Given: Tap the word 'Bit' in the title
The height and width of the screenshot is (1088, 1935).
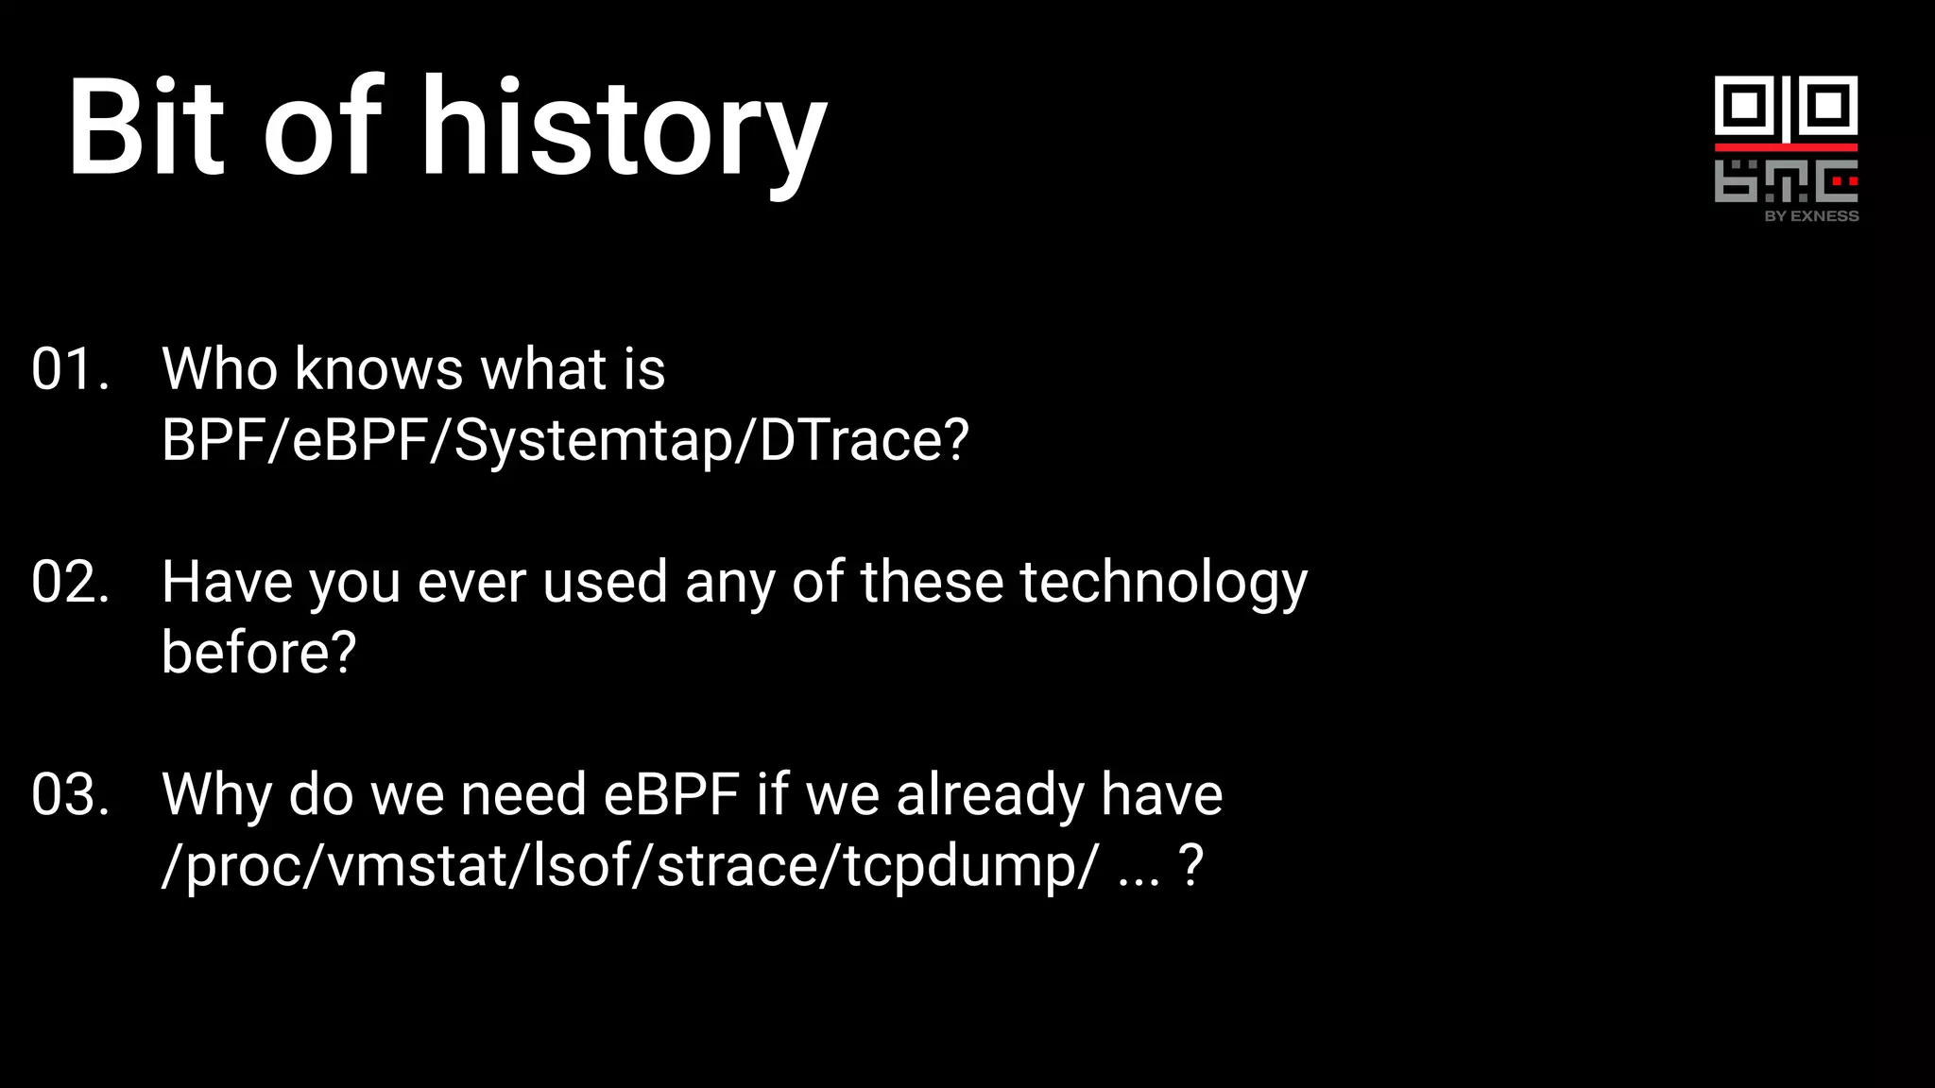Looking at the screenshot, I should [x=146, y=127].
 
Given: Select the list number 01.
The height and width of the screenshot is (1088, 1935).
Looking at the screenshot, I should [x=70, y=369].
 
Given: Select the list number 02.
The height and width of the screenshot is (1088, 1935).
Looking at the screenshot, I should [x=70, y=582].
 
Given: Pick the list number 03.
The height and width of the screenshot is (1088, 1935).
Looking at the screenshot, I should [x=70, y=794].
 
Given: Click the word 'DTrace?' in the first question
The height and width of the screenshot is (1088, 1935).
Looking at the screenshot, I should [x=864, y=440].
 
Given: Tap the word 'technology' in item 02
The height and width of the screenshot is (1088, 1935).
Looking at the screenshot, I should [x=1163, y=584].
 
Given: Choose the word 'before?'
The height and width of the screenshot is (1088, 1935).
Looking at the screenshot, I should [x=259, y=653].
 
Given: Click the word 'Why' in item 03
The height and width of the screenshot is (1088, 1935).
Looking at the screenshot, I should [x=216, y=795].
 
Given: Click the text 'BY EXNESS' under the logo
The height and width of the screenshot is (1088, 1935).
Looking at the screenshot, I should [x=1811, y=216].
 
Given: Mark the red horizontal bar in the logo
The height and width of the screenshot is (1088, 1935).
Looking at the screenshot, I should [x=1786, y=147].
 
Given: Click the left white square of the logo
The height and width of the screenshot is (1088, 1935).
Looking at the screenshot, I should [x=1745, y=105].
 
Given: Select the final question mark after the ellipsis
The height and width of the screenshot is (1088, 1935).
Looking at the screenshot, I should [x=1191, y=865].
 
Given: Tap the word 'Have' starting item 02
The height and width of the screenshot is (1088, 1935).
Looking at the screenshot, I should [x=227, y=582].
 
